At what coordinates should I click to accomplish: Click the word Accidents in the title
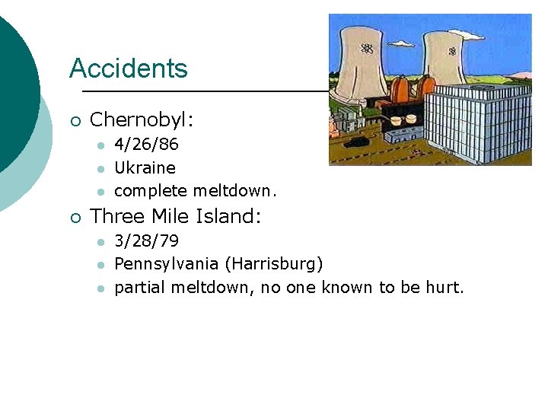click(128, 68)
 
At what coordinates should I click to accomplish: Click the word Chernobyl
click(142, 119)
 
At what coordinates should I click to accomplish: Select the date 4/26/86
click(147, 145)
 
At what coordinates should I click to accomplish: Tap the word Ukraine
click(145, 167)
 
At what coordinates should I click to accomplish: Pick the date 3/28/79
click(147, 241)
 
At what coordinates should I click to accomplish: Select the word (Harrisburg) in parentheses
click(273, 264)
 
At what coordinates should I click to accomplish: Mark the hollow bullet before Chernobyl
click(74, 120)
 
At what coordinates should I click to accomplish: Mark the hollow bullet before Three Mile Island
click(74, 217)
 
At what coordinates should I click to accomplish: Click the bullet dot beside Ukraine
click(99, 168)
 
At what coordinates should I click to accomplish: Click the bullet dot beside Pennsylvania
click(99, 265)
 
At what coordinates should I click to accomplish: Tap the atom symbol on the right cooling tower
click(452, 51)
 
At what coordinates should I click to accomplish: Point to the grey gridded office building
click(476, 122)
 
